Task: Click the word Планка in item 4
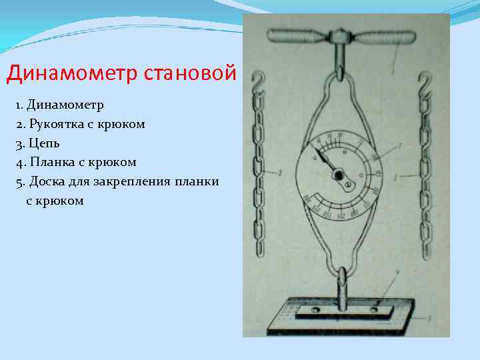point(53,162)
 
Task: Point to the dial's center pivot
point(339,175)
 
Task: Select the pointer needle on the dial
point(327,162)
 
